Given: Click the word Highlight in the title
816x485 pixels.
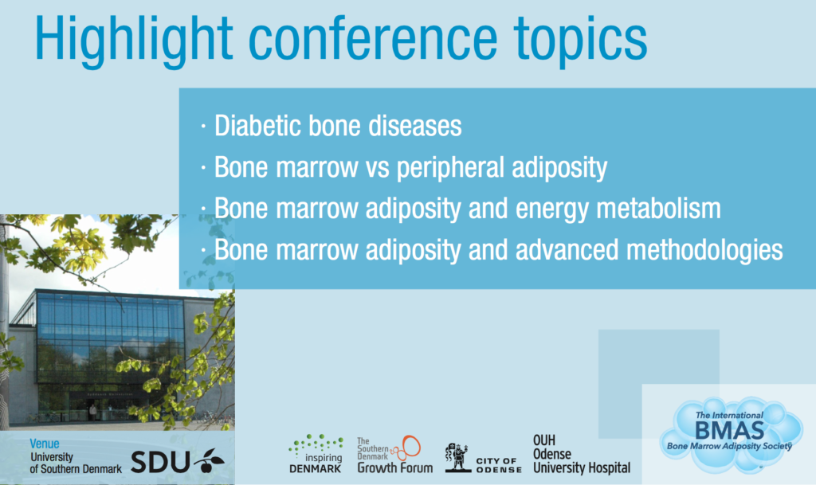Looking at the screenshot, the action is (134, 40).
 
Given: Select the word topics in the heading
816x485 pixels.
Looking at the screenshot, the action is (580, 40).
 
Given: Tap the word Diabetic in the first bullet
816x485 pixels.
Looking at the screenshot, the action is (257, 126).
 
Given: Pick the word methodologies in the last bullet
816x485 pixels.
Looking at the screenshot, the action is (704, 251).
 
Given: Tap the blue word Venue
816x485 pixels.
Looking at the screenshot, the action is (45, 444).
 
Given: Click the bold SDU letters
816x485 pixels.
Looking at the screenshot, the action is (159, 462).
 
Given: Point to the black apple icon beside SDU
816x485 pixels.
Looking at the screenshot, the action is (209, 460).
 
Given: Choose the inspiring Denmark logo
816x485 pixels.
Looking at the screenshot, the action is (316, 453).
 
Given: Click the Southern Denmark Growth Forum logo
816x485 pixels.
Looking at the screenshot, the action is (394, 454).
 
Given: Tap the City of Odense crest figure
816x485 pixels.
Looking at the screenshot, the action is (457, 457).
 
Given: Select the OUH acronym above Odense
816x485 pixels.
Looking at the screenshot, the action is (543, 441).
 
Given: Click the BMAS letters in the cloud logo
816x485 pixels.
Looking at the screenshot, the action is (729, 430).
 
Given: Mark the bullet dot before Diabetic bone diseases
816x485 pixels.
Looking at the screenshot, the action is (203, 126).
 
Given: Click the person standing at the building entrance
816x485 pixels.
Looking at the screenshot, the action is (92, 413).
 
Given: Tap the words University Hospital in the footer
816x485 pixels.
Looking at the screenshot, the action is (581, 467).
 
